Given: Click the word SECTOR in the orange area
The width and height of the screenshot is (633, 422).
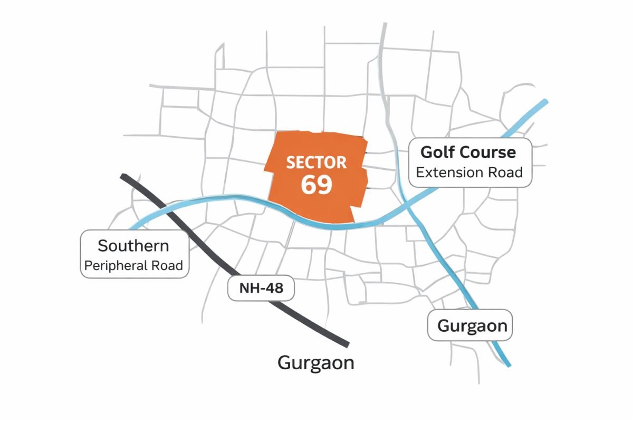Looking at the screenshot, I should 316,162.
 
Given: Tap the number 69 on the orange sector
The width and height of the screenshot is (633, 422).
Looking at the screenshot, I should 316,185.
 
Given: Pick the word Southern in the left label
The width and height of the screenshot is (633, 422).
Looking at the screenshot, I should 133,245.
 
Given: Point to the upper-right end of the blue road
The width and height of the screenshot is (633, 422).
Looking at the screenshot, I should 545,102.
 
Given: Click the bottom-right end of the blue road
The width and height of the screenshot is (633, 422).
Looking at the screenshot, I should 509,365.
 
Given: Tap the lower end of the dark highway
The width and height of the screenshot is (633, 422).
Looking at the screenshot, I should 347,344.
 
